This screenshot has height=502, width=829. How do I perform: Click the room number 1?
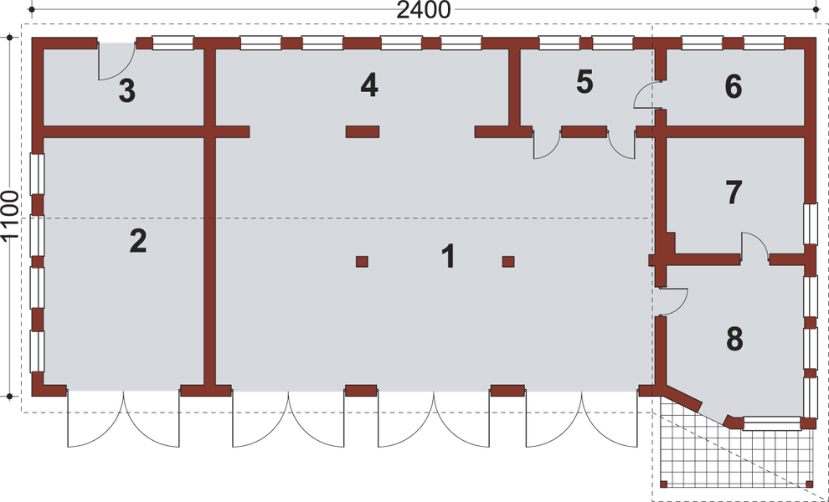point(449,256)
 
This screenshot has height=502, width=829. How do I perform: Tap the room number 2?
point(138,242)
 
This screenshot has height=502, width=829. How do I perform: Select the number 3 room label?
point(126,91)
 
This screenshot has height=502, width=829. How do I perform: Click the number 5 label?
point(584,82)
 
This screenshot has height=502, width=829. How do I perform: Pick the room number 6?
point(734,85)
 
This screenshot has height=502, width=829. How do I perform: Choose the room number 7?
point(734,192)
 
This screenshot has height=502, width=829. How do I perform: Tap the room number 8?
point(734,339)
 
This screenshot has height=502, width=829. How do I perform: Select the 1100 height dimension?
point(10,216)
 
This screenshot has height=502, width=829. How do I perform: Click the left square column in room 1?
point(362,262)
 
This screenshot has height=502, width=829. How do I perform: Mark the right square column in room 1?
point(508,262)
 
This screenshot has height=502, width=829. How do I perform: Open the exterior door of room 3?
point(116,62)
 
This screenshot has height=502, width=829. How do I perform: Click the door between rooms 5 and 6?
point(648,95)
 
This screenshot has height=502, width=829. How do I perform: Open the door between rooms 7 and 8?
point(754,247)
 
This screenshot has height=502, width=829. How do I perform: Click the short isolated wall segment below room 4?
point(363,131)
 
